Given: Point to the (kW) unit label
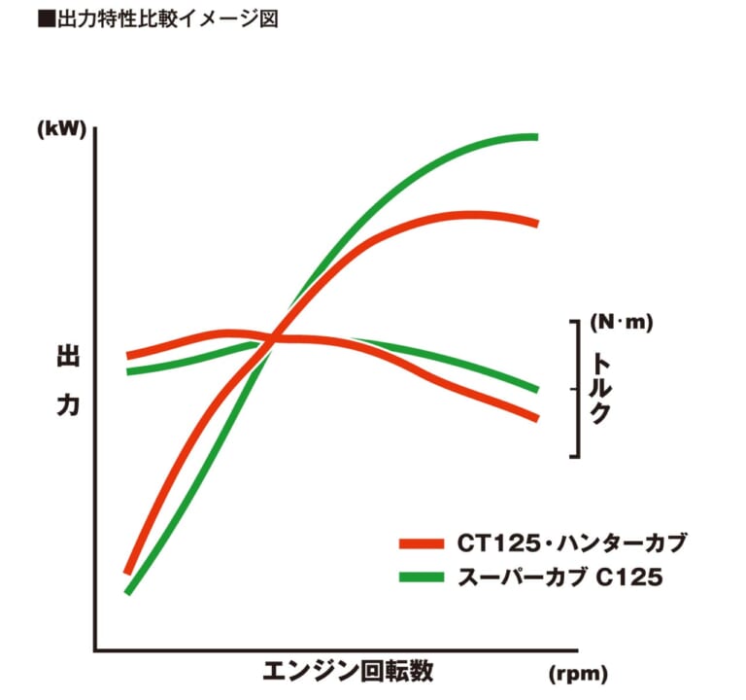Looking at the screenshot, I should tap(61, 129).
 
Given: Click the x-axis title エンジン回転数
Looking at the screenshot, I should tap(348, 671).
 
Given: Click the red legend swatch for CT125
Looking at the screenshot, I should tap(422, 542).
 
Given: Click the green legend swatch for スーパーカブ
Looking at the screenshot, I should tap(422, 577).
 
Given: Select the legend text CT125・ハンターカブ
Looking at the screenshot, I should tap(571, 542).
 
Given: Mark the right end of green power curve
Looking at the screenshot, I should tap(535, 137).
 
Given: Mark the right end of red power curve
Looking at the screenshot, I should tap(536, 223).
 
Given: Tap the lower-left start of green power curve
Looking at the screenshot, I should tap(128, 590).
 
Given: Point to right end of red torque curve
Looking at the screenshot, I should tap(535, 418).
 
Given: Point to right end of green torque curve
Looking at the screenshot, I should tap(535, 389).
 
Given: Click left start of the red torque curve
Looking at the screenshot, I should tap(129, 356).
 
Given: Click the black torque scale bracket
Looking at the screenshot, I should tap(577, 387).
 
